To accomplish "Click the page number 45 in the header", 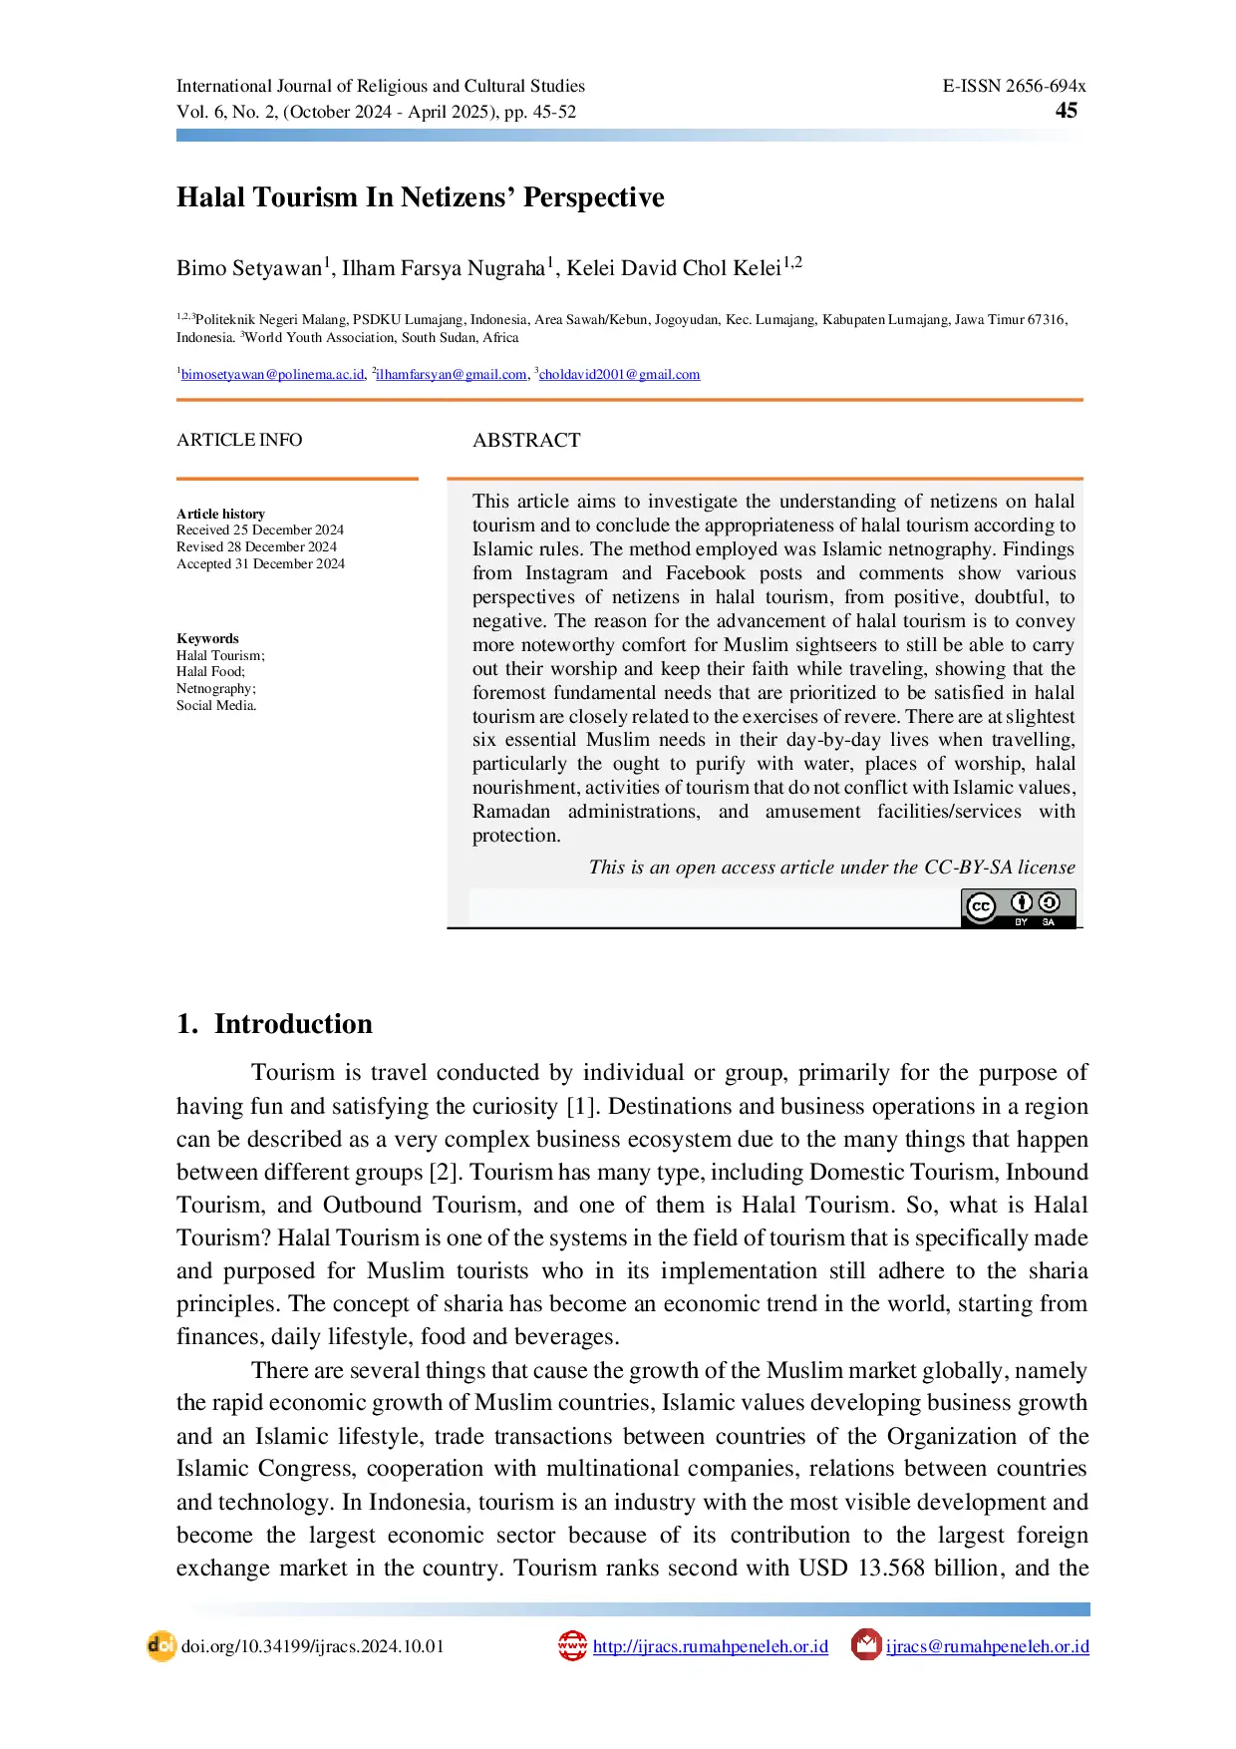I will click(x=1066, y=111).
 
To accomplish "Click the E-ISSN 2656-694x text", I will click(x=1014, y=86).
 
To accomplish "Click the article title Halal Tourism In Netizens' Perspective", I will click(x=420, y=197).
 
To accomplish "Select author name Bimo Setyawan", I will click(x=249, y=268).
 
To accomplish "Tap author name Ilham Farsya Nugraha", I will click(x=444, y=268).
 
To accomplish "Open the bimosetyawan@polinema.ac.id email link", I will click(x=272, y=375).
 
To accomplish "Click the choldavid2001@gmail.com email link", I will click(x=619, y=375).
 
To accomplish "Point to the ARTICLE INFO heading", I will click(x=239, y=440).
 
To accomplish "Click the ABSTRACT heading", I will click(x=526, y=441).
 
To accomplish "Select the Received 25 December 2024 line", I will click(x=260, y=530).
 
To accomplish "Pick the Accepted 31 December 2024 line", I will click(x=260, y=564).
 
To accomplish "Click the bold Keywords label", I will click(x=207, y=638).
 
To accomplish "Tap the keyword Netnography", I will click(x=215, y=689).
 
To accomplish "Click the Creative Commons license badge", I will click(x=1018, y=907).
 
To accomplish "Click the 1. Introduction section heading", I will click(x=274, y=1024).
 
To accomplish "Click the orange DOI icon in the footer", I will click(x=160, y=1646).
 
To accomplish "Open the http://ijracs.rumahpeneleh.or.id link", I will click(x=710, y=1647).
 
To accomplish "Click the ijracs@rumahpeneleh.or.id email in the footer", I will click(x=987, y=1647).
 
